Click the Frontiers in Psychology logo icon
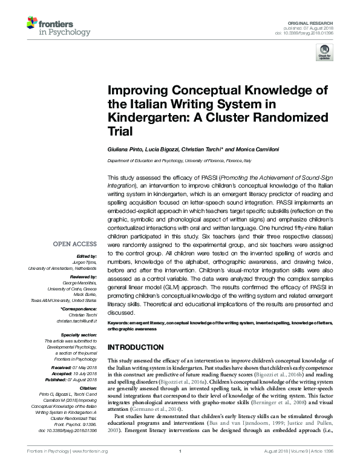(32, 25)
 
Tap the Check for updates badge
(324, 55)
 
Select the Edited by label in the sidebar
(88, 256)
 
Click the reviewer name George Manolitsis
(80, 283)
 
